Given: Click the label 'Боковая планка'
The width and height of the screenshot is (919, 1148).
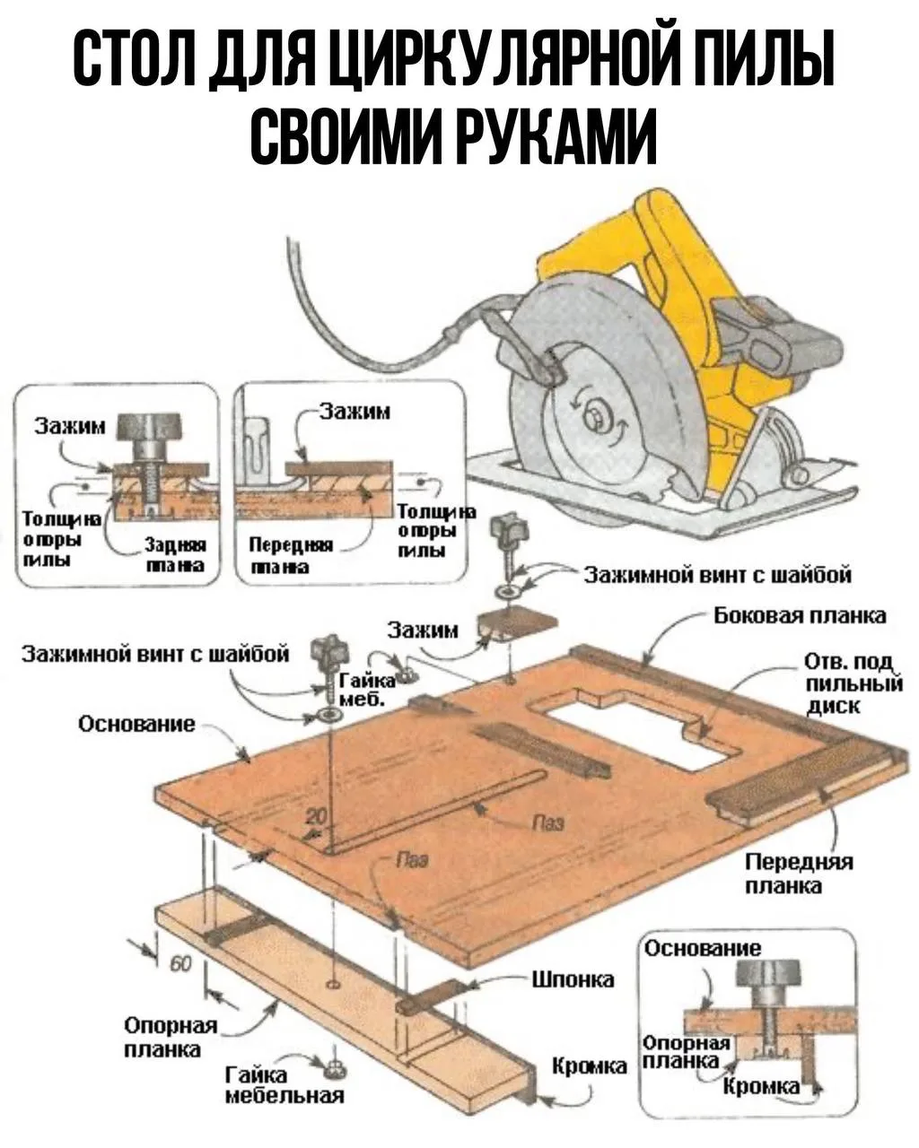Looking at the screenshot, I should (x=800, y=616).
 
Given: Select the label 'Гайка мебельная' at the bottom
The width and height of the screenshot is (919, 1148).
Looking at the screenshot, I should (x=284, y=1086).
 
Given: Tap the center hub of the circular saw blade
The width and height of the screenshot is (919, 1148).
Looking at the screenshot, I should (x=594, y=414).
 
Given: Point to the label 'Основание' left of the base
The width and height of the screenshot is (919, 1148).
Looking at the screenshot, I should (x=136, y=722).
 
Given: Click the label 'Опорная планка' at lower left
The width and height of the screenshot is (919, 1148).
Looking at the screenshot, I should (x=162, y=1037).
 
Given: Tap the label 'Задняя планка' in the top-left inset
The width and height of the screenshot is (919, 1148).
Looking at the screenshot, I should (x=176, y=555).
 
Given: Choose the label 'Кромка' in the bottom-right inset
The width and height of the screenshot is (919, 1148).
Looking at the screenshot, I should (x=761, y=1087).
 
